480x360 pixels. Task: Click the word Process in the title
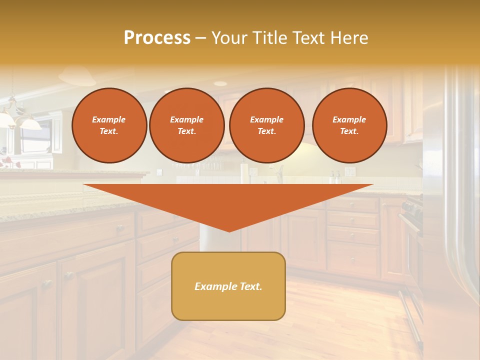click(x=157, y=38)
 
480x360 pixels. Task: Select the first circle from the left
click(x=109, y=125)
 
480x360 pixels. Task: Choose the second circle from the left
click(x=186, y=125)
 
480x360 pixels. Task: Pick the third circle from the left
click(x=266, y=125)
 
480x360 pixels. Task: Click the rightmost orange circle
click(x=349, y=125)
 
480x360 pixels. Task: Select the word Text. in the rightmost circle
click(x=349, y=131)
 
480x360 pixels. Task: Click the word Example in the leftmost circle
click(x=109, y=120)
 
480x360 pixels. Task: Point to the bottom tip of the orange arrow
click(x=229, y=230)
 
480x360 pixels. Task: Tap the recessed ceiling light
click(x=220, y=83)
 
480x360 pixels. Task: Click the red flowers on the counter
click(x=6, y=161)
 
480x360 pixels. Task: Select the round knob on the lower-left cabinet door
click(x=47, y=283)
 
